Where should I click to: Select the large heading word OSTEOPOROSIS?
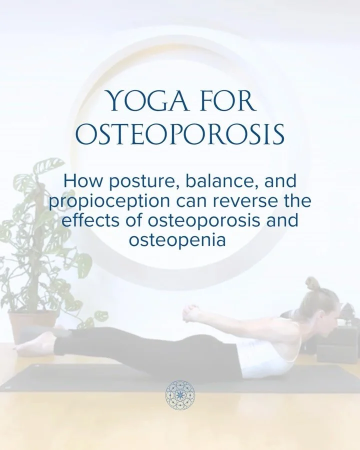(182, 134)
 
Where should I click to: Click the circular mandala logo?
(180, 393)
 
